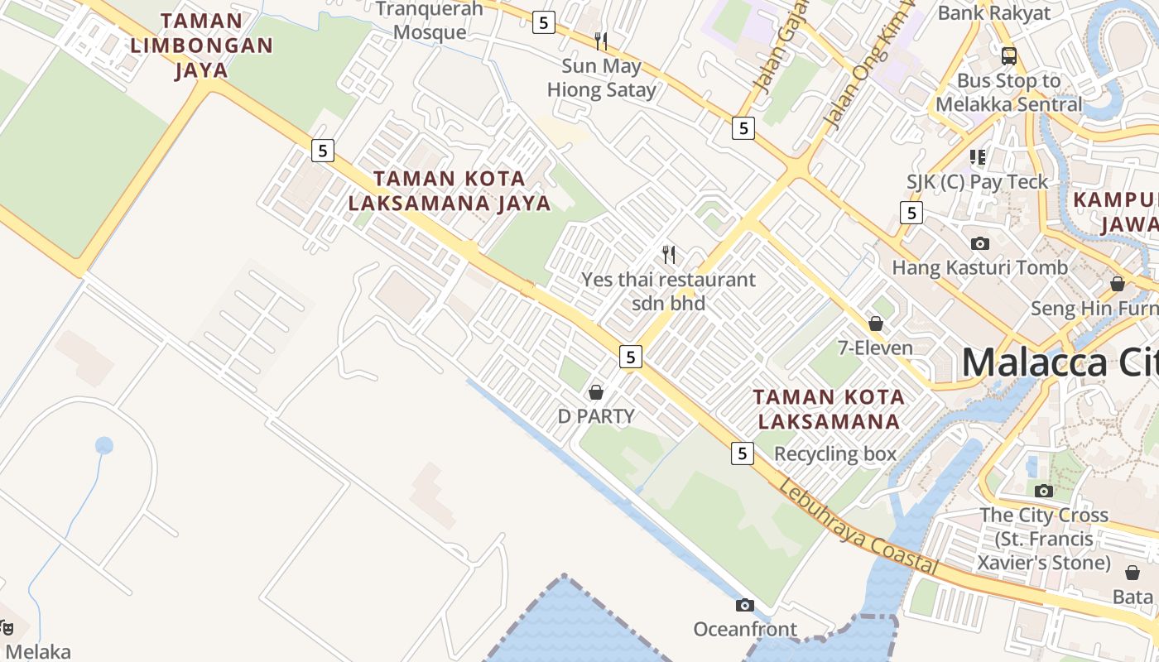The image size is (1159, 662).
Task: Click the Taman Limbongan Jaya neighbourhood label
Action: coord(201,45)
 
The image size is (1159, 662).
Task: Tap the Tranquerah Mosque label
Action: coord(430,21)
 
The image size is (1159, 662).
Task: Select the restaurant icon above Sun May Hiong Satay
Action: coord(601,41)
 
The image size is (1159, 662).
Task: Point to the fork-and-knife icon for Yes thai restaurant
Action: coord(669,254)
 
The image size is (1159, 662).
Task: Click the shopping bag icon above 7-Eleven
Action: coord(876,324)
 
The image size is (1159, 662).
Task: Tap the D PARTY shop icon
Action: coord(595,392)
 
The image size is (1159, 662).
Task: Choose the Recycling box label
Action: coord(835,453)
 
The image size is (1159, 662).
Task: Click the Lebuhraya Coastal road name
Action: coord(858,527)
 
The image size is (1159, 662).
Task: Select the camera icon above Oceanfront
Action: coord(745,605)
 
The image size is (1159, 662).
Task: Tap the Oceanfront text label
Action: coord(745,630)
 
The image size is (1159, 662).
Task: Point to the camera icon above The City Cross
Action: coord(1043,491)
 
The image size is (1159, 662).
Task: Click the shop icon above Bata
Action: coord(1133,573)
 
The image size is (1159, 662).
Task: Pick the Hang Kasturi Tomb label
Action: coord(979,267)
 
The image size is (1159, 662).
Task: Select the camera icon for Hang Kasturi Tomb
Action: coord(980,243)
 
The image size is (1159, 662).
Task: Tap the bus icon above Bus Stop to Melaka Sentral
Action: coord(1008,56)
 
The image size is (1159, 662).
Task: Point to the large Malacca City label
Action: coord(1060,363)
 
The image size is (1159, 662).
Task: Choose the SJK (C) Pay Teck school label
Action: coord(977,182)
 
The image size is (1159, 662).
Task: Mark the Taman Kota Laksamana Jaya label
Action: coord(450,190)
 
